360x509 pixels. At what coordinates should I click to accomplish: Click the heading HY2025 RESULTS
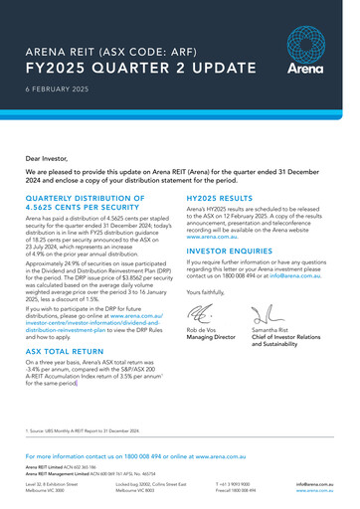tap(221, 198)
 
